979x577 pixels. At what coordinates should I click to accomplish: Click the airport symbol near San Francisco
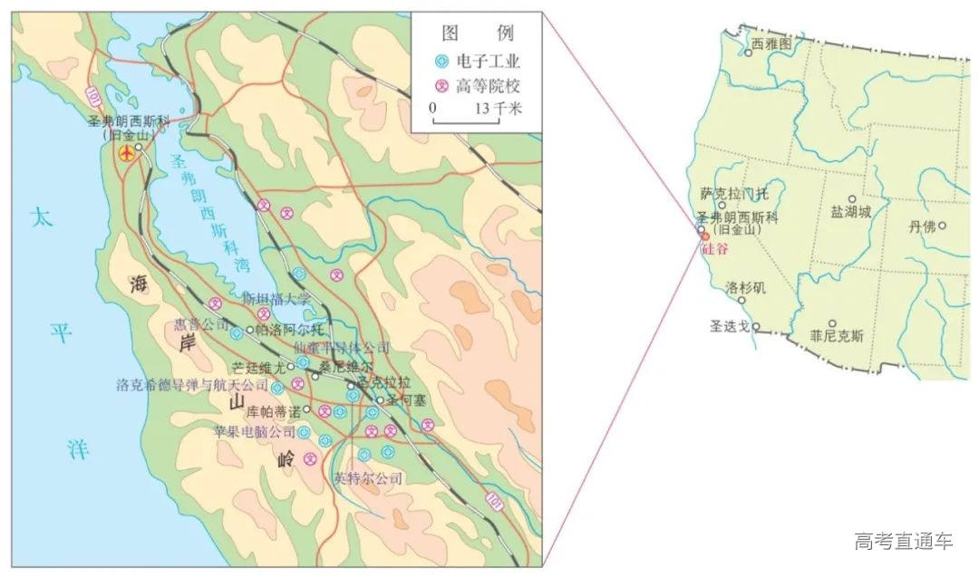(x=127, y=154)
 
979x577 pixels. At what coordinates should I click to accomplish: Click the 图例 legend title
(x=477, y=34)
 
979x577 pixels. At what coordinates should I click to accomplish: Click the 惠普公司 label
(x=202, y=324)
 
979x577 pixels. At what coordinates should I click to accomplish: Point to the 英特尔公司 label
(x=367, y=477)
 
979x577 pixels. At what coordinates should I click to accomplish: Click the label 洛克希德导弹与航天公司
(x=193, y=385)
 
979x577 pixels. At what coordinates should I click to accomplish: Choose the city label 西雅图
(x=772, y=42)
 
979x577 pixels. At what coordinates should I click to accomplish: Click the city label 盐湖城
(x=850, y=211)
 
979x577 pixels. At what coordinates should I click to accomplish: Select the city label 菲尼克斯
(x=837, y=335)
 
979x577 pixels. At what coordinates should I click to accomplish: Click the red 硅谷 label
(x=714, y=248)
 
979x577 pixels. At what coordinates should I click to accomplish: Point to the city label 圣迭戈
(x=730, y=324)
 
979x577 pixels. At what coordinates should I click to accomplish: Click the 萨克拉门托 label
(x=734, y=193)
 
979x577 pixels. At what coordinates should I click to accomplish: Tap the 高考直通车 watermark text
(x=904, y=541)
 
